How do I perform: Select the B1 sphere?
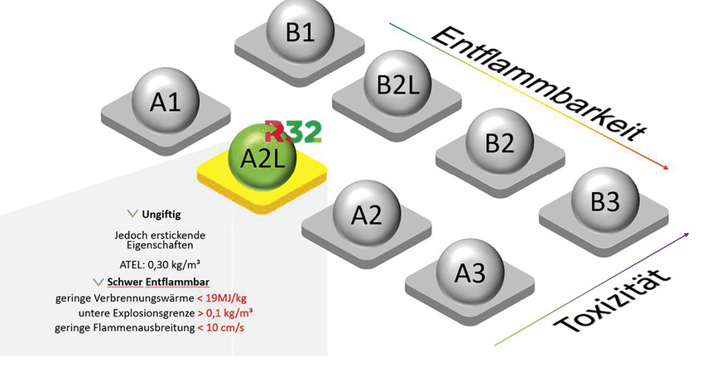(x=299, y=32)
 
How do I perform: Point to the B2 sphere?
(x=499, y=142)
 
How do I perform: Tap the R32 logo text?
(x=293, y=132)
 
